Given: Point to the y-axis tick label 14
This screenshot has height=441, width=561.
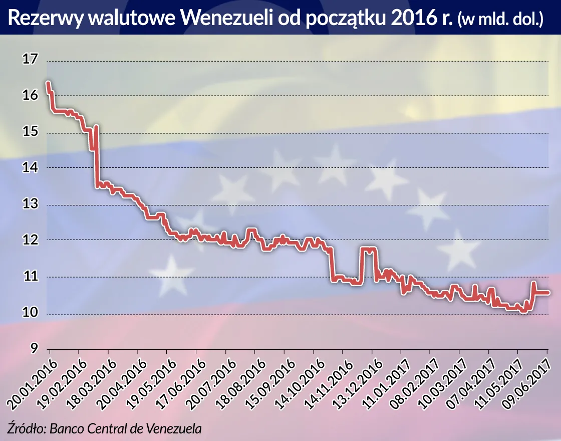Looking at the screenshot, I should pos(30,168).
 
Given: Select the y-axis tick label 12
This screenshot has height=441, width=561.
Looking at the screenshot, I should pos(30,240).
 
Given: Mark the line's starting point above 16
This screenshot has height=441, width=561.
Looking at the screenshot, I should pos(48,83).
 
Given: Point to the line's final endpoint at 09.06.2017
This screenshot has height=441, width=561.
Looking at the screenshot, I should pos(548,292).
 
